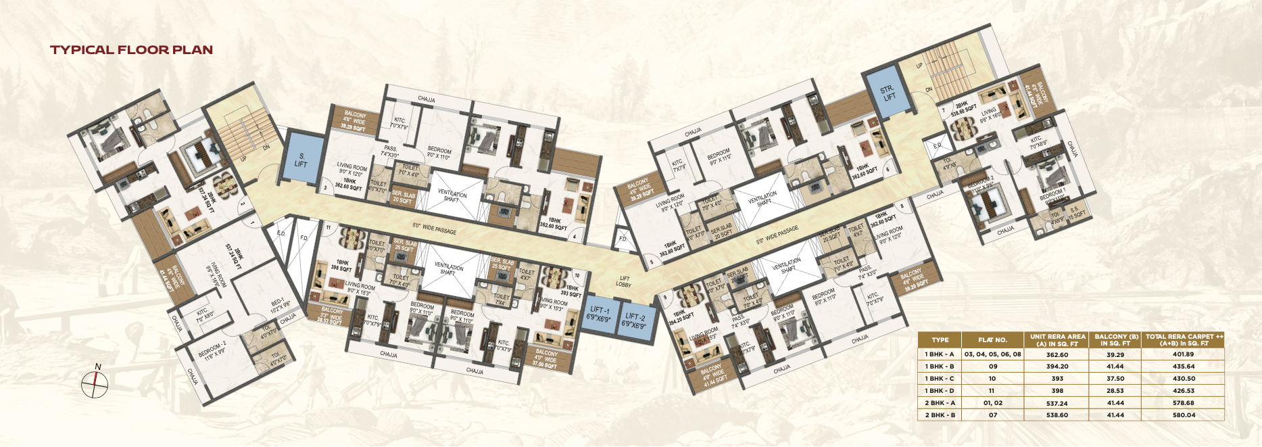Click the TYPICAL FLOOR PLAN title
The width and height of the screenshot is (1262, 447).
tap(131, 49)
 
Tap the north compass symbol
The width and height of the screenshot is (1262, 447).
tap(95, 384)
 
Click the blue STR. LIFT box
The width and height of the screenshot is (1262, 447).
tap(888, 93)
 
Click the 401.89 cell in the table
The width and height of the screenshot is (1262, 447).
tap(1183, 354)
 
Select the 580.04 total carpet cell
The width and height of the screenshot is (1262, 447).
tap(1183, 415)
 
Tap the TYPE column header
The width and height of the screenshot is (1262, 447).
tap(940, 340)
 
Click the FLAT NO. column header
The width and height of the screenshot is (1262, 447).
tap(992, 340)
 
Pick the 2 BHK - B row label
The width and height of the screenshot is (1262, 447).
tap(940, 415)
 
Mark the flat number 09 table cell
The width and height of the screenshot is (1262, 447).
tap(992, 367)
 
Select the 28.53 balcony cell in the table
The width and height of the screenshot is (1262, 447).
tap(1115, 391)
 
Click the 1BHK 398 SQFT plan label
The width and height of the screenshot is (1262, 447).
tap(342, 266)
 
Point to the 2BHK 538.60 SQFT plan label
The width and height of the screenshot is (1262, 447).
tap(964, 110)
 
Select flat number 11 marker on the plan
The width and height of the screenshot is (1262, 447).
tap(328, 229)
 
